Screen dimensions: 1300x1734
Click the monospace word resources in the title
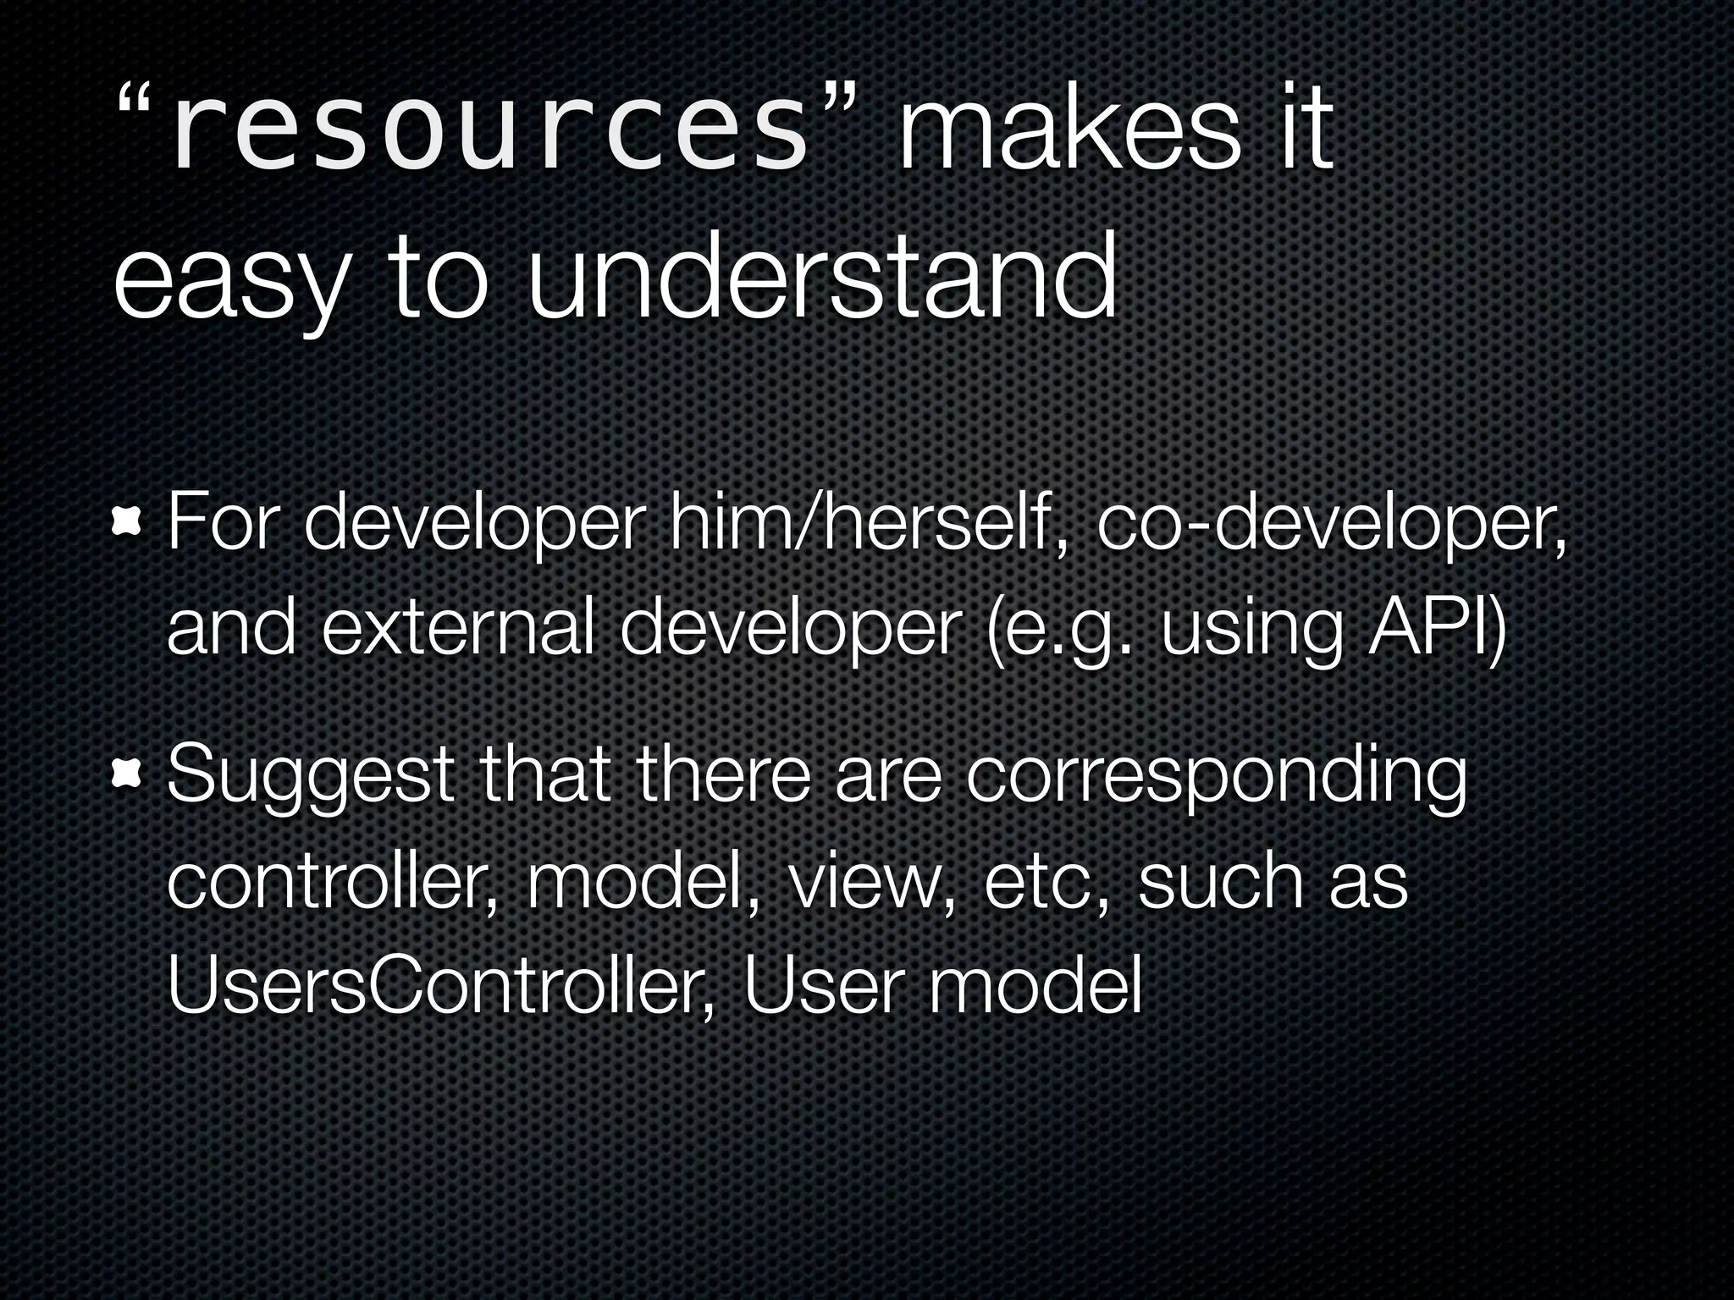tap(489, 135)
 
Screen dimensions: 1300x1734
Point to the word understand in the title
tap(821, 279)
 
